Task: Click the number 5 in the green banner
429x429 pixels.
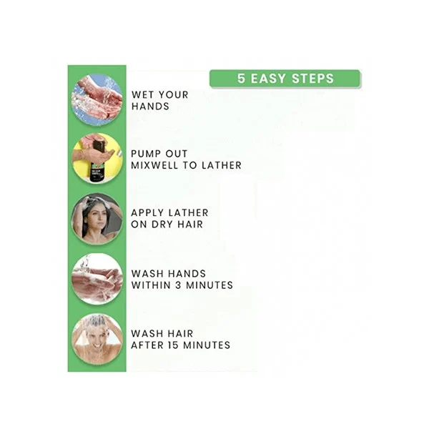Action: point(241,78)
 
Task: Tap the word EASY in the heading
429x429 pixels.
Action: point(269,78)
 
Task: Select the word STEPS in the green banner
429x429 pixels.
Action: point(312,78)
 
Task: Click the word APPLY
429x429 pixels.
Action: point(147,213)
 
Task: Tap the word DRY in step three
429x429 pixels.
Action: point(162,225)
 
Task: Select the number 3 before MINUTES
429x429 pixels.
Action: point(178,285)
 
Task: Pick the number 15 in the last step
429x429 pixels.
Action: point(173,345)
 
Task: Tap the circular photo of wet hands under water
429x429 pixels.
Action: point(97,100)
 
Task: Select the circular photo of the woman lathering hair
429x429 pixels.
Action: point(97,219)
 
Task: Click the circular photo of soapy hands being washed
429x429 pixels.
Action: point(97,279)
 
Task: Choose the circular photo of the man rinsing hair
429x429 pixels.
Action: point(97,340)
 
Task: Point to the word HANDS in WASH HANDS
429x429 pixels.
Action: point(187,274)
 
